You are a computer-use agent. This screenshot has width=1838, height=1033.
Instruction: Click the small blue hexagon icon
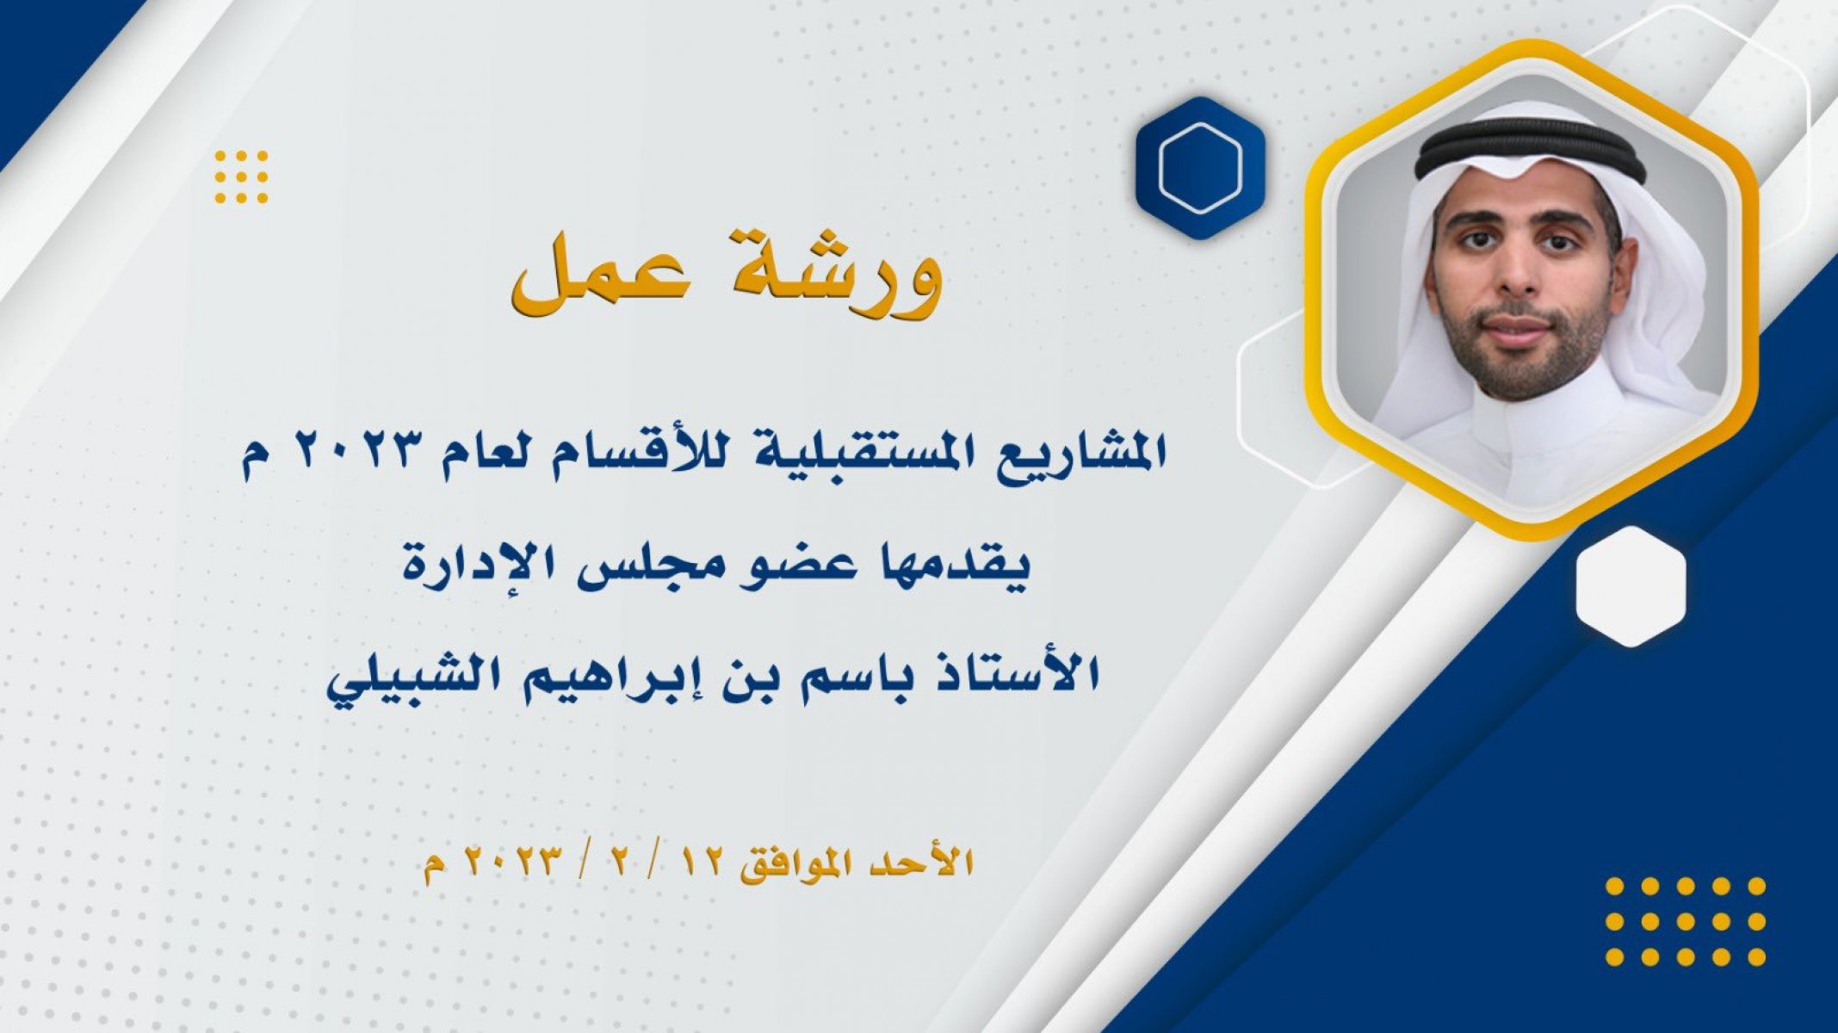point(1199,168)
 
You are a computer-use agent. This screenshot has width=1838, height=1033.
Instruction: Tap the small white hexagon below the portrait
point(1631,586)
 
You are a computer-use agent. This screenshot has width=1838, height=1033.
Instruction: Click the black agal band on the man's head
point(1531,149)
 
